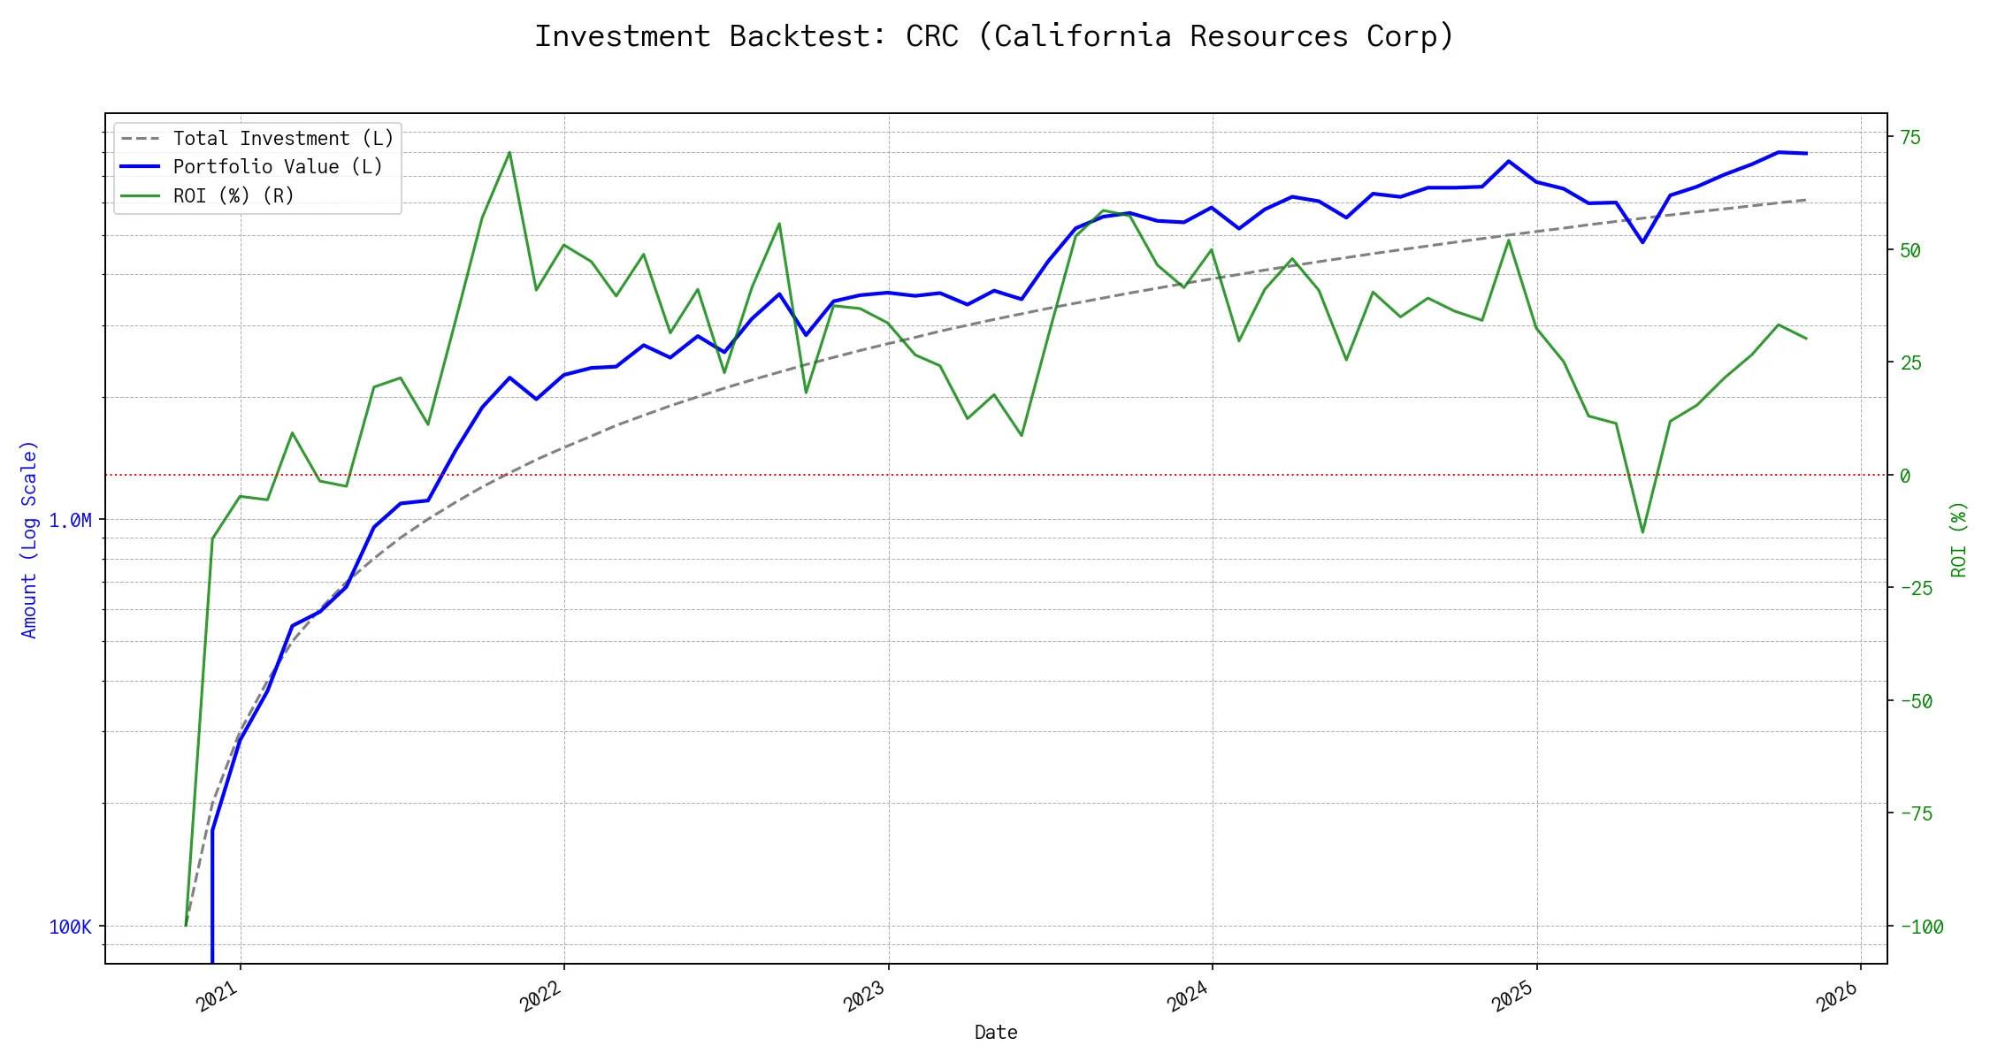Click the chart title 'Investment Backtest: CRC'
994,37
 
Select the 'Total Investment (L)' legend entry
283,139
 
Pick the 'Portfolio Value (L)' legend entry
278,167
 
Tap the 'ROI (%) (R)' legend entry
233,195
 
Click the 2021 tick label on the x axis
218,997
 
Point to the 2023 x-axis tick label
865,997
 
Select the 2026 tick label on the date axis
1838,997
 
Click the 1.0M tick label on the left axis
70,521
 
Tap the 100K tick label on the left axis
70,927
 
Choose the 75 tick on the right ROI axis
1910,138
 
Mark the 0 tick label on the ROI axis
1905,477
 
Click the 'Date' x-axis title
996,1033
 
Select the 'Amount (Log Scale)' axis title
30,539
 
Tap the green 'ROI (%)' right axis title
1959,539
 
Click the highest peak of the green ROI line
509,152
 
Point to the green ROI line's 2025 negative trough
1642,532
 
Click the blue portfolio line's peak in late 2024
1508,161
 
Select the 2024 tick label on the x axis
1188,997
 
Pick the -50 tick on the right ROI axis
1916,702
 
